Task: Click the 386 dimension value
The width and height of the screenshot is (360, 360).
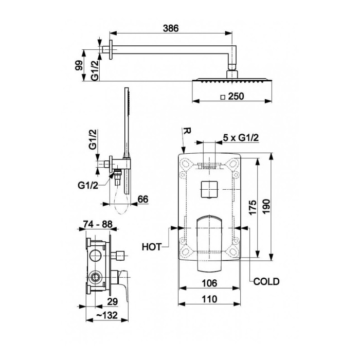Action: (x=171, y=28)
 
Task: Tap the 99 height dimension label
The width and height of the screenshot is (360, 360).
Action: (x=79, y=66)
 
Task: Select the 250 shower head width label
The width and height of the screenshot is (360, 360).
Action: (x=236, y=97)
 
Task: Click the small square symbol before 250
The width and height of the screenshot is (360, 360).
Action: (x=223, y=97)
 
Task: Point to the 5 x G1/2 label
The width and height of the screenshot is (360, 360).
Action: (x=241, y=138)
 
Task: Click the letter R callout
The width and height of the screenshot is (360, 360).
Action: (x=187, y=131)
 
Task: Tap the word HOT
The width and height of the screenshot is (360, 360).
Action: (x=152, y=247)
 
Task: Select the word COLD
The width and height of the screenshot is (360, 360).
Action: (x=266, y=281)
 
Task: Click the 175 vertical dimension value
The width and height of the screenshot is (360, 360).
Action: (x=253, y=207)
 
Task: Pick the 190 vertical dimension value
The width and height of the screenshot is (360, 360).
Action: (x=266, y=206)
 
